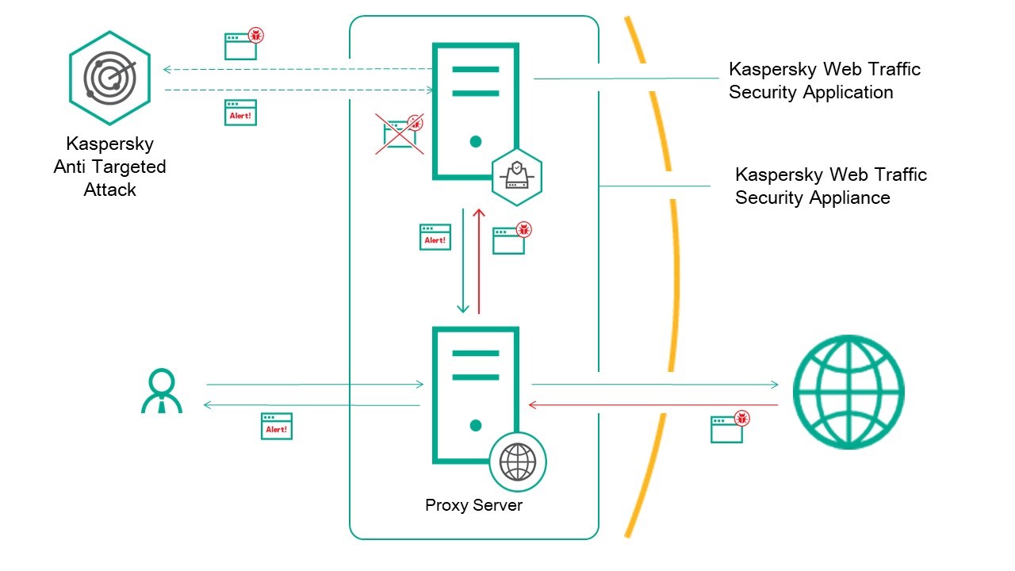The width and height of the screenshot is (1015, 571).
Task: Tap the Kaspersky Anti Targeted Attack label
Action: point(109,167)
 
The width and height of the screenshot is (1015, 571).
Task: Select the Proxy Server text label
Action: point(474,505)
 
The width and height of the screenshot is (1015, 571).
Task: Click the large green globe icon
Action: point(848,391)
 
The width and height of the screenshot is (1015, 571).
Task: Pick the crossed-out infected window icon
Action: point(401,133)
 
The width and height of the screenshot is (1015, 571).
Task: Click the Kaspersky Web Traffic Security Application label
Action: point(825,80)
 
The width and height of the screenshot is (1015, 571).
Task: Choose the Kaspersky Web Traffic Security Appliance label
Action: point(830,186)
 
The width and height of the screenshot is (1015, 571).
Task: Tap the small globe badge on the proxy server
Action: point(518,462)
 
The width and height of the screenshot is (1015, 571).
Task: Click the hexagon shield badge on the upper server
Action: point(517,176)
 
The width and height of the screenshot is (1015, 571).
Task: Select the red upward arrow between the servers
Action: point(478,262)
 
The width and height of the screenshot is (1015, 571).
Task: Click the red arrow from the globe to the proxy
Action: point(653,405)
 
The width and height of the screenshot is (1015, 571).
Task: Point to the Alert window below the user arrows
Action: point(277,426)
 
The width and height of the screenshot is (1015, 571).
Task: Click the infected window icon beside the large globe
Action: point(729,427)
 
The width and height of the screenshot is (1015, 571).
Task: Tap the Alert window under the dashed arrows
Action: point(240,113)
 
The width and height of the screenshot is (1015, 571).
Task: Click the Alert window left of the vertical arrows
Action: point(435,237)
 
